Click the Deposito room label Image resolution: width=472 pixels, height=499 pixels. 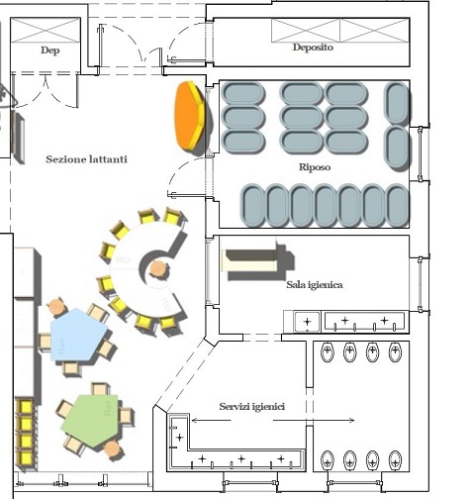pos(313,48)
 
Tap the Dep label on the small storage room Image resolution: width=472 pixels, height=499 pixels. pos(50,50)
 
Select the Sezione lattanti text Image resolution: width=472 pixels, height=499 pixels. pos(86,159)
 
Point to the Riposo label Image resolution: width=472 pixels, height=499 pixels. pos(315,167)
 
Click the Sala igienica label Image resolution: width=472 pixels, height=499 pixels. pos(315,284)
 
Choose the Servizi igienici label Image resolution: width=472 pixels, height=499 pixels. pos(252,406)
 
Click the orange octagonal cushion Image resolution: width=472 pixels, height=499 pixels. pos(191,117)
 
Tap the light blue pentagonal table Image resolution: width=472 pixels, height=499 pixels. pos(78,335)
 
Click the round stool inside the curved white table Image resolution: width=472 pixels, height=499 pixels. pos(158,268)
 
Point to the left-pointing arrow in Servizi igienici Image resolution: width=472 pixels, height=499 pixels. pos(211,420)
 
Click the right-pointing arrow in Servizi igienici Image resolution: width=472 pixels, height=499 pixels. pos(314,420)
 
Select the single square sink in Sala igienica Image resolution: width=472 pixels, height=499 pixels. pos(307,321)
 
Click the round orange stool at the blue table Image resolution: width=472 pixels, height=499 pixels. pos(56,307)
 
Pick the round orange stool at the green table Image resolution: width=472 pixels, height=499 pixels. pos(113,449)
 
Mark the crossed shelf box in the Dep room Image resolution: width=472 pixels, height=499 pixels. pos(46,31)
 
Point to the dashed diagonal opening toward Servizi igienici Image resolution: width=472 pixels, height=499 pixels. pos(183,373)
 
